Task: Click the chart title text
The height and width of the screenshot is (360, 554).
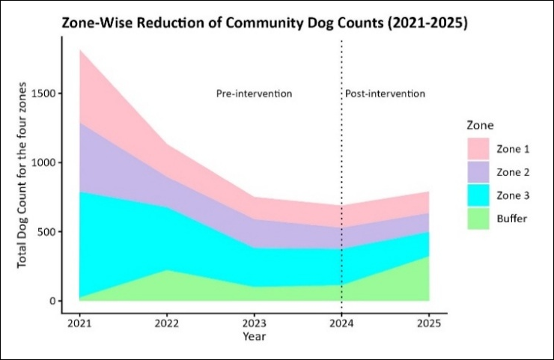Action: (264, 23)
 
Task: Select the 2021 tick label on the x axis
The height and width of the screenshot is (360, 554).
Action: (79, 323)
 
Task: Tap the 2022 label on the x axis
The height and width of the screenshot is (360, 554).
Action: (167, 323)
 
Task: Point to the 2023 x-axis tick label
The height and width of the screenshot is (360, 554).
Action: (254, 323)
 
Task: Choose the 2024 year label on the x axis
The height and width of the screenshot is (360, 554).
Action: (341, 323)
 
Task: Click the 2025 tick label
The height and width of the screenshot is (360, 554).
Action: (429, 323)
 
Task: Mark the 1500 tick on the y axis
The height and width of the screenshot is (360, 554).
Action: (43, 94)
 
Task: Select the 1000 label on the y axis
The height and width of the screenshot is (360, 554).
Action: (43, 162)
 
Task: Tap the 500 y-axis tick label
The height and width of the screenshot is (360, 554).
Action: (46, 232)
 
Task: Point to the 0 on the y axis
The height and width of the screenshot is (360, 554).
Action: (52, 301)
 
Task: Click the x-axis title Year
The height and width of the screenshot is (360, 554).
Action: (254, 336)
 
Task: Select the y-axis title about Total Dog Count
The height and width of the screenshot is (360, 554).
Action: (22, 175)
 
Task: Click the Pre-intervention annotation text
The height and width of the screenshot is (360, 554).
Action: (254, 94)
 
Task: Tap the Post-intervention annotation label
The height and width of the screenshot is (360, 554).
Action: (385, 94)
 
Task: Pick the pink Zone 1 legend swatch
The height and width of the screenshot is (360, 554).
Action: (478, 149)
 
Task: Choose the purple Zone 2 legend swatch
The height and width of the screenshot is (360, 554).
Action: (478, 172)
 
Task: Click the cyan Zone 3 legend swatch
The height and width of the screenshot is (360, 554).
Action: (478, 195)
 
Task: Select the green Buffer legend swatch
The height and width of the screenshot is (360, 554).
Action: (478, 219)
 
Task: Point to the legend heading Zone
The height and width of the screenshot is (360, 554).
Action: (480, 126)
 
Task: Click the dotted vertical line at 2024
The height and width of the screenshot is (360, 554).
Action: (341, 177)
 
